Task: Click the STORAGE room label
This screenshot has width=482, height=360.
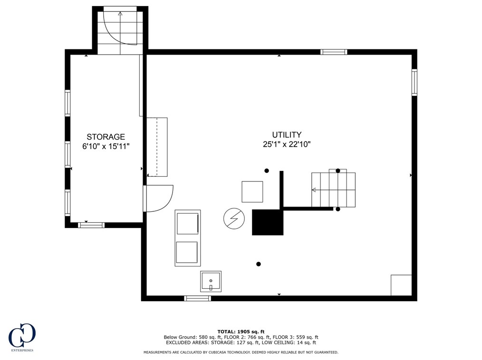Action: (x=106, y=137)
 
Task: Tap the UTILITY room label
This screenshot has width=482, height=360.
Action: (x=287, y=134)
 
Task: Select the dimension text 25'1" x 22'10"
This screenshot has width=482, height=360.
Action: (x=287, y=144)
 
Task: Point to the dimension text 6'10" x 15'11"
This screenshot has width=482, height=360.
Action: (x=106, y=146)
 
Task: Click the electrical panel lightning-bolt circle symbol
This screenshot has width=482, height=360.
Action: (x=234, y=218)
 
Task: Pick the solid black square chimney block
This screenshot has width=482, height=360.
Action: (x=268, y=222)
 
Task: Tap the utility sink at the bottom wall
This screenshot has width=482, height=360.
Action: (x=211, y=281)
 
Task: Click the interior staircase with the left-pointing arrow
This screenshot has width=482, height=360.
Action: (x=333, y=189)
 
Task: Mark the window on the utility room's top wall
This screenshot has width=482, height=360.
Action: (x=334, y=52)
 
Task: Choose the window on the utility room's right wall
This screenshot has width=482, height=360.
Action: (x=415, y=82)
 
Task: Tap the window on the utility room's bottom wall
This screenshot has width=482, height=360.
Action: (x=197, y=298)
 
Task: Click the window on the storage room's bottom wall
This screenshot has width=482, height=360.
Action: (x=91, y=225)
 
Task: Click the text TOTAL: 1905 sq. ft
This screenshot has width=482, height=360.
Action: (x=241, y=332)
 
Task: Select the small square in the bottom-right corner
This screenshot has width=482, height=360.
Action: (x=401, y=285)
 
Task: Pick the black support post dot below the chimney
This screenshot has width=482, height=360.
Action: (x=259, y=264)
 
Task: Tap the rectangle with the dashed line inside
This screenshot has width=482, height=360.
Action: (x=157, y=147)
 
